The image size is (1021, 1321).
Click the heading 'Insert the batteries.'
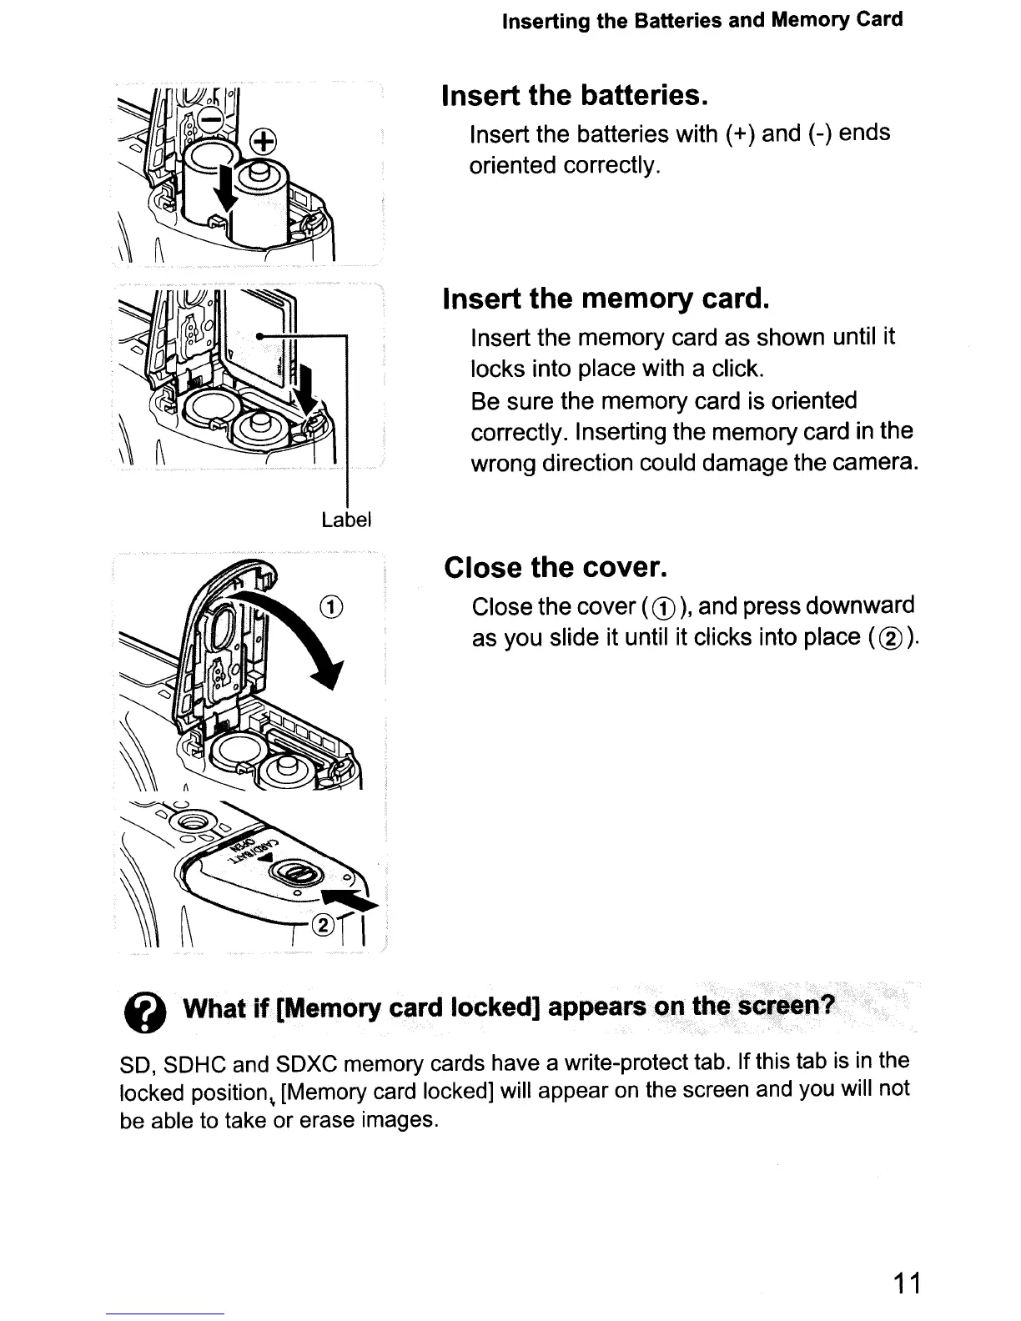(575, 95)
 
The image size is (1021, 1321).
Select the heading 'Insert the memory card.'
(605, 298)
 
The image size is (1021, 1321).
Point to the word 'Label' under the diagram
(345, 520)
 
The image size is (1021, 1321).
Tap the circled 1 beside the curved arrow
(331, 605)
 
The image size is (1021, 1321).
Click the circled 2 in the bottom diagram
(323, 923)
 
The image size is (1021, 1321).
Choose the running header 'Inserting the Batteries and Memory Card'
(702, 20)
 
